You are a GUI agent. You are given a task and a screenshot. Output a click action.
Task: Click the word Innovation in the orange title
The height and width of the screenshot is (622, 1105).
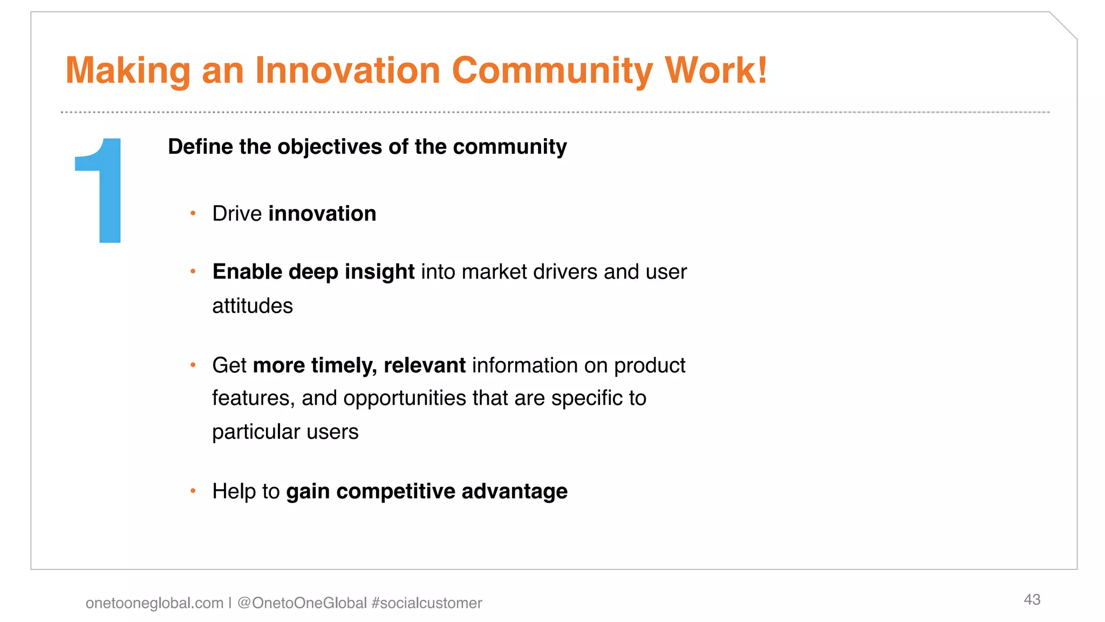coord(347,71)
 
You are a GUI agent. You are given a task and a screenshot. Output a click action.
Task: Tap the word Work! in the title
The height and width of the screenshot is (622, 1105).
coord(716,71)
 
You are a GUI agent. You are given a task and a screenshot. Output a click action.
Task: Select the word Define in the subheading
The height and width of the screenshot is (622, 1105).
coord(200,147)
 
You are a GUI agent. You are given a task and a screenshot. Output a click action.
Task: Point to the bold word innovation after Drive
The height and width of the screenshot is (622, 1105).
coord(322,214)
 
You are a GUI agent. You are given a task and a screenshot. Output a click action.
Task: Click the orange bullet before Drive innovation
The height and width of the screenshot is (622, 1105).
coord(193,213)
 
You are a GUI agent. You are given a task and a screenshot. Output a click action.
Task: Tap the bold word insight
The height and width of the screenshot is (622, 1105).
coord(379,272)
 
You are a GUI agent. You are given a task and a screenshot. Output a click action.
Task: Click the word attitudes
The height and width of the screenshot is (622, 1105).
coord(253,306)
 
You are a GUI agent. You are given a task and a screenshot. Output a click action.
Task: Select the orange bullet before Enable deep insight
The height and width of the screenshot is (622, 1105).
coord(193,272)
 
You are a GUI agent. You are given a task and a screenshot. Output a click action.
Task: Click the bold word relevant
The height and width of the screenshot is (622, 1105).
coord(425,366)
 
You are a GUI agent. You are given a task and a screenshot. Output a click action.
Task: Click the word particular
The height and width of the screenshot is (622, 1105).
coord(256,432)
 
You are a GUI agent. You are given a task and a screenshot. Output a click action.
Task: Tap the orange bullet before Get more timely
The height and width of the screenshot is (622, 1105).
coord(193,366)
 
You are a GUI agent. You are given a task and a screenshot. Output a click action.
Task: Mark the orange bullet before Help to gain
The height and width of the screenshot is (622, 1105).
coord(193,491)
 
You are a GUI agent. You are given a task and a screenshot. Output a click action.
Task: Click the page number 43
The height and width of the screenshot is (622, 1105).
coord(1032,599)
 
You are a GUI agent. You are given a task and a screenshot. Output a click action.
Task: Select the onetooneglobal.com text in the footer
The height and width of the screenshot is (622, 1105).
coord(154,603)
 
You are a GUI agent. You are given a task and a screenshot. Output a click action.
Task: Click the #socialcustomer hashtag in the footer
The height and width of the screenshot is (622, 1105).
coord(427,603)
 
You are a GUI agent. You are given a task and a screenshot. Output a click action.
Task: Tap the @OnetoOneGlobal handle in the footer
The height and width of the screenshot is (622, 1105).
coord(302,603)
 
